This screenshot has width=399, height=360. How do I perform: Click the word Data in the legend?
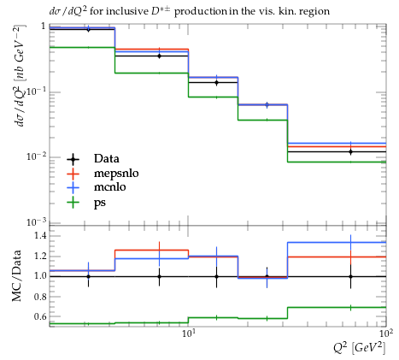[107, 158]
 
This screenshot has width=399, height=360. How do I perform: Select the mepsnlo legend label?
[116, 174]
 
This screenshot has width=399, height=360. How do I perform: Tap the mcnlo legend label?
[110, 187]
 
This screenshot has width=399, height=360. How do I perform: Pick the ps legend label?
[100, 203]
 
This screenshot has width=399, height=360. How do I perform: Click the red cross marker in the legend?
[73, 173]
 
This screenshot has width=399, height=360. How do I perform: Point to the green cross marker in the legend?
[73, 202]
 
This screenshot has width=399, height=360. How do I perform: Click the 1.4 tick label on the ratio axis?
[40, 235]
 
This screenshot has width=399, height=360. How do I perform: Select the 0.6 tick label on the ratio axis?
[40, 316]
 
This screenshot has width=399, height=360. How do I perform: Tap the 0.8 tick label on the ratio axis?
[40, 297]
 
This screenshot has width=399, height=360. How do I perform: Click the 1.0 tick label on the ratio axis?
[40, 276]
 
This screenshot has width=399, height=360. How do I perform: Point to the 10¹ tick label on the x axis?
[188, 333]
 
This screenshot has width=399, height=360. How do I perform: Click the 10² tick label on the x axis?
[386, 333]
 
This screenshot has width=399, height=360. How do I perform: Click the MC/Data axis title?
[16, 275]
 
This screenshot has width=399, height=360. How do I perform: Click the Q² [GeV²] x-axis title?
[360, 347]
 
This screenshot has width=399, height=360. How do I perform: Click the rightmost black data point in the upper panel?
[350, 151]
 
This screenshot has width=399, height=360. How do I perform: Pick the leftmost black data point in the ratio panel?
[88, 276]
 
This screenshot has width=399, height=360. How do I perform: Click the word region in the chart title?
[315, 12]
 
